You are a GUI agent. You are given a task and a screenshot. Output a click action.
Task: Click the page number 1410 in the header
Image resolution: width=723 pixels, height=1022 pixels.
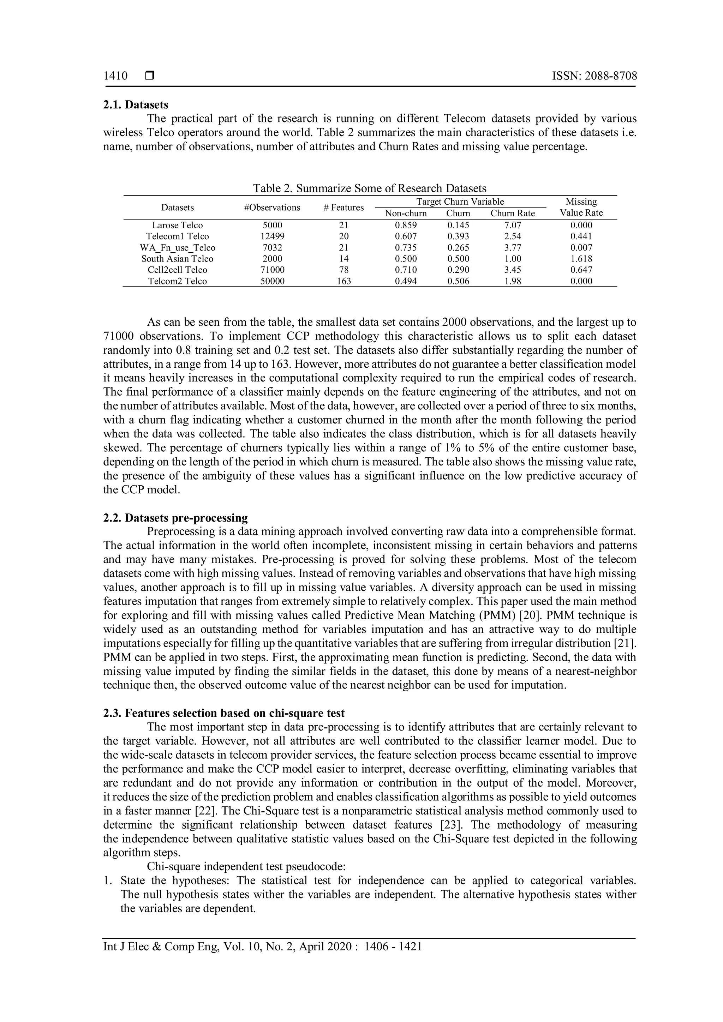(x=115, y=76)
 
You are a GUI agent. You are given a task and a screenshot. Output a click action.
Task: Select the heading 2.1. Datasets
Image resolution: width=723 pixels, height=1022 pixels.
(x=136, y=104)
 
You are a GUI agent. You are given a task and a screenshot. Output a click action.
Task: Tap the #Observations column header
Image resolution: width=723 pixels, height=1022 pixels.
(x=272, y=208)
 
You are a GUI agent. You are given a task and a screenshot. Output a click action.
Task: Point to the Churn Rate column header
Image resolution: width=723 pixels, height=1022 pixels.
(x=513, y=213)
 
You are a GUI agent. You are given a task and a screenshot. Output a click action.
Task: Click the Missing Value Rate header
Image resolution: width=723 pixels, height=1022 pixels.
(x=581, y=207)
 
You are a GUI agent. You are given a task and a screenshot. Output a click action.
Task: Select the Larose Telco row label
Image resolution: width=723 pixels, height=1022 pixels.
(x=177, y=225)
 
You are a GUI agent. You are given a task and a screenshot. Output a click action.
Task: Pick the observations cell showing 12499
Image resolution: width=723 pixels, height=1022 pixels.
(x=272, y=236)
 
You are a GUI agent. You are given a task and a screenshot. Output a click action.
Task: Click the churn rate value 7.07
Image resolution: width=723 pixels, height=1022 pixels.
(x=513, y=225)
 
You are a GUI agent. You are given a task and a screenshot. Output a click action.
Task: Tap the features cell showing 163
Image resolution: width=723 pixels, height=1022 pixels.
(x=344, y=281)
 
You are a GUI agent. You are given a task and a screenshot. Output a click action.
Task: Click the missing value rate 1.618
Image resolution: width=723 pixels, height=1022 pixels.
(x=581, y=259)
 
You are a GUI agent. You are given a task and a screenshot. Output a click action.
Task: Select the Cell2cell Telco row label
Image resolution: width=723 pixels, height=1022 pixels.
(x=177, y=270)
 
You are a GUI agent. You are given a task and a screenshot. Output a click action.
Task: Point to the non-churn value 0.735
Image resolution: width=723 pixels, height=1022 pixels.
(x=406, y=247)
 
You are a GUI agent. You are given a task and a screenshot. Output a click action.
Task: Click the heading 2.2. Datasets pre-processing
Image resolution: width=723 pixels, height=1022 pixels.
(x=175, y=518)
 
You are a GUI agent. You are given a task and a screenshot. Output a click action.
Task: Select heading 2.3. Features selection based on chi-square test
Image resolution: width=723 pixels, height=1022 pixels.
(x=224, y=713)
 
